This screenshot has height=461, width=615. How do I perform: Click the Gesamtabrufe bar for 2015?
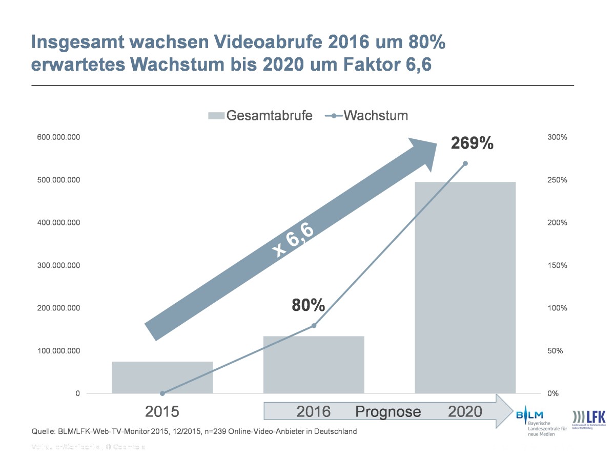[162, 378]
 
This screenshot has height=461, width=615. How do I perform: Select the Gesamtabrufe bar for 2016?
[314, 365]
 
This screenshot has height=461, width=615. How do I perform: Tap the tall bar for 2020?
[465, 287]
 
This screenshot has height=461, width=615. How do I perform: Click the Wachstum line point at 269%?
[465, 163]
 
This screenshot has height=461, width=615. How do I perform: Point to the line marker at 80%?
[314, 326]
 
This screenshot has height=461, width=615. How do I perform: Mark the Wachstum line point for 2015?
[162, 393]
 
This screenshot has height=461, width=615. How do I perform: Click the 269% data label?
[472, 143]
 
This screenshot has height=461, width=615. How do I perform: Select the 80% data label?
[309, 306]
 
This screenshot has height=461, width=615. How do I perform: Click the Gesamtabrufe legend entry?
[260, 115]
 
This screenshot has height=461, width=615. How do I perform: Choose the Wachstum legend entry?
[366, 115]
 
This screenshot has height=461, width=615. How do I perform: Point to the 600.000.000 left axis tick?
[58, 137]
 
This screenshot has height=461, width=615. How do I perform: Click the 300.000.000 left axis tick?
[58, 265]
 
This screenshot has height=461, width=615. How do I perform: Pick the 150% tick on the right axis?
[558, 265]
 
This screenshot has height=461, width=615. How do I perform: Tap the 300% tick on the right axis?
[558, 137]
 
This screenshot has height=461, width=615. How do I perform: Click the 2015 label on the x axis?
[162, 411]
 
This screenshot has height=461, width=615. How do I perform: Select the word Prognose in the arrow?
[388, 412]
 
